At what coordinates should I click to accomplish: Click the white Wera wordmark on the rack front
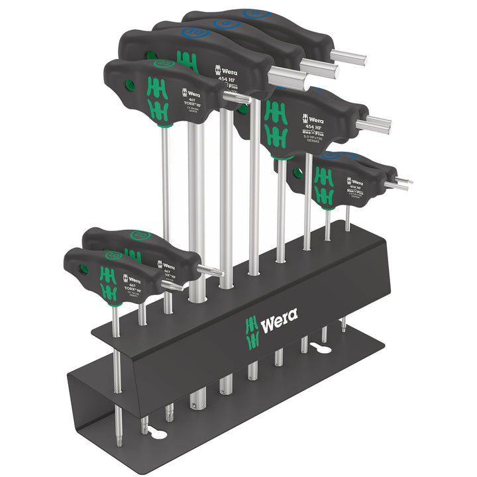[x=279, y=326]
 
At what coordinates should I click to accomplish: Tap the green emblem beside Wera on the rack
[x=250, y=331]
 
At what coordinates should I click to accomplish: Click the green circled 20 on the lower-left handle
[x=138, y=235]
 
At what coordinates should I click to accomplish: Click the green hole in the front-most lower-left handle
[x=82, y=269]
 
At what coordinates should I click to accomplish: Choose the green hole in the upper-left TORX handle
[x=130, y=85]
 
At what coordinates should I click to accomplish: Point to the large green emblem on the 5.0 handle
[x=276, y=123]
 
